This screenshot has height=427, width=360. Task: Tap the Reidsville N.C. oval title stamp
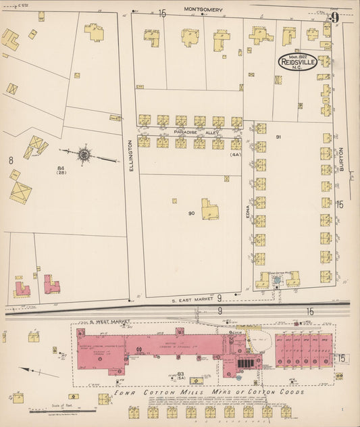point(297,62)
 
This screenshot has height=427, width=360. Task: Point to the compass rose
point(84,155)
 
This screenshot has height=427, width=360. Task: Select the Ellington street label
point(131,155)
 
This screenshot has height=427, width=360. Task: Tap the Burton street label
point(342,159)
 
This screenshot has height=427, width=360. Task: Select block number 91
point(278,137)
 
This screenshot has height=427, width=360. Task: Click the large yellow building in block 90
point(210,209)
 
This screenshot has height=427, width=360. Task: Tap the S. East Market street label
point(191,297)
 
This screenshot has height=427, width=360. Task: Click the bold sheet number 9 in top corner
point(334,16)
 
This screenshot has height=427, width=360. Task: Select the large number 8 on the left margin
point(11,160)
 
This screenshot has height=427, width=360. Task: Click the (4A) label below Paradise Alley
point(235,155)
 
